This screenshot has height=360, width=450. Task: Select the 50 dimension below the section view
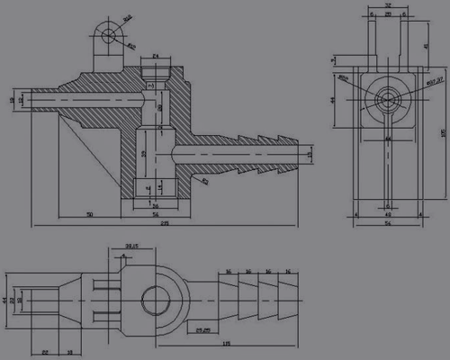(x=90, y=215)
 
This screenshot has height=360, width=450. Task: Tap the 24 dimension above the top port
(x=155, y=57)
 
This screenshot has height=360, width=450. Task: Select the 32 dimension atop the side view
(x=388, y=5)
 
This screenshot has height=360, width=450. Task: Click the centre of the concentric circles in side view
(x=388, y=98)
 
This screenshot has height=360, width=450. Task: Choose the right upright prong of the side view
(x=403, y=40)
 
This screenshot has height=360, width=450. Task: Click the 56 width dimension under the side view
(x=388, y=224)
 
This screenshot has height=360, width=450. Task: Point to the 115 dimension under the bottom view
(x=225, y=343)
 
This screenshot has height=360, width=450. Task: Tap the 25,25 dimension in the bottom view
(x=205, y=330)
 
